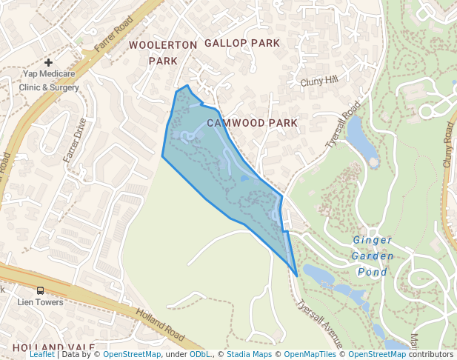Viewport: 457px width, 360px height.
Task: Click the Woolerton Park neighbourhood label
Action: point(163,53)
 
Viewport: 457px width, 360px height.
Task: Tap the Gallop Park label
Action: point(242,43)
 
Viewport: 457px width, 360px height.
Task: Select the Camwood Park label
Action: point(252,122)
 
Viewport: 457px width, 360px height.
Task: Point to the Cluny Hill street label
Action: point(318,81)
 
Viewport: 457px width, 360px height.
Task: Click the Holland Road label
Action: point(161,325)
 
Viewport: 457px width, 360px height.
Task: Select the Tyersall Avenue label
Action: point(318,324)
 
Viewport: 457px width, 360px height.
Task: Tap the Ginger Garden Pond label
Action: point(372,256)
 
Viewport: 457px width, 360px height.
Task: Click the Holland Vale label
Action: point(53,347)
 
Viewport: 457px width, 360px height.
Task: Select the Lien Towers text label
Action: point(41,302)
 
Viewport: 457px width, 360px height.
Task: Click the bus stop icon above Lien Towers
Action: point(40,290)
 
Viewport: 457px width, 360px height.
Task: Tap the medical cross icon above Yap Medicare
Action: point(49,63)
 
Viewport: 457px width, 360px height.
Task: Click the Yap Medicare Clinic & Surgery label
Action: point(49,80)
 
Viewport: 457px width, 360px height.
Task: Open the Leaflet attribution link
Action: point(42,354)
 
